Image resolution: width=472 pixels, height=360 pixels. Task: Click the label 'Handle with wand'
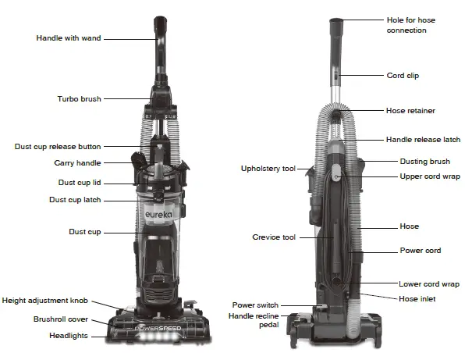click(69, 37)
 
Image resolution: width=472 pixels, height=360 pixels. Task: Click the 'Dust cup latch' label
click(74, 200)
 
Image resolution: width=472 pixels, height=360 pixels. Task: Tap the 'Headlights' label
click(83, 336)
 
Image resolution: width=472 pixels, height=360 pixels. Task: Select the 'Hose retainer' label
click(410, 111)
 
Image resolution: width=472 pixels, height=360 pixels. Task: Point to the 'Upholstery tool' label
click(268, 169)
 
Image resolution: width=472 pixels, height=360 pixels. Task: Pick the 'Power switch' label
click(255, 305)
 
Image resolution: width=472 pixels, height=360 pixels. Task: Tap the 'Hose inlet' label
click(417, 299)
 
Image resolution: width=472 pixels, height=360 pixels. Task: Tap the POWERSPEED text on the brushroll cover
click(158, 329)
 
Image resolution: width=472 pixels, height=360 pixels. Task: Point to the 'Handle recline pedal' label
click(254, 319)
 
